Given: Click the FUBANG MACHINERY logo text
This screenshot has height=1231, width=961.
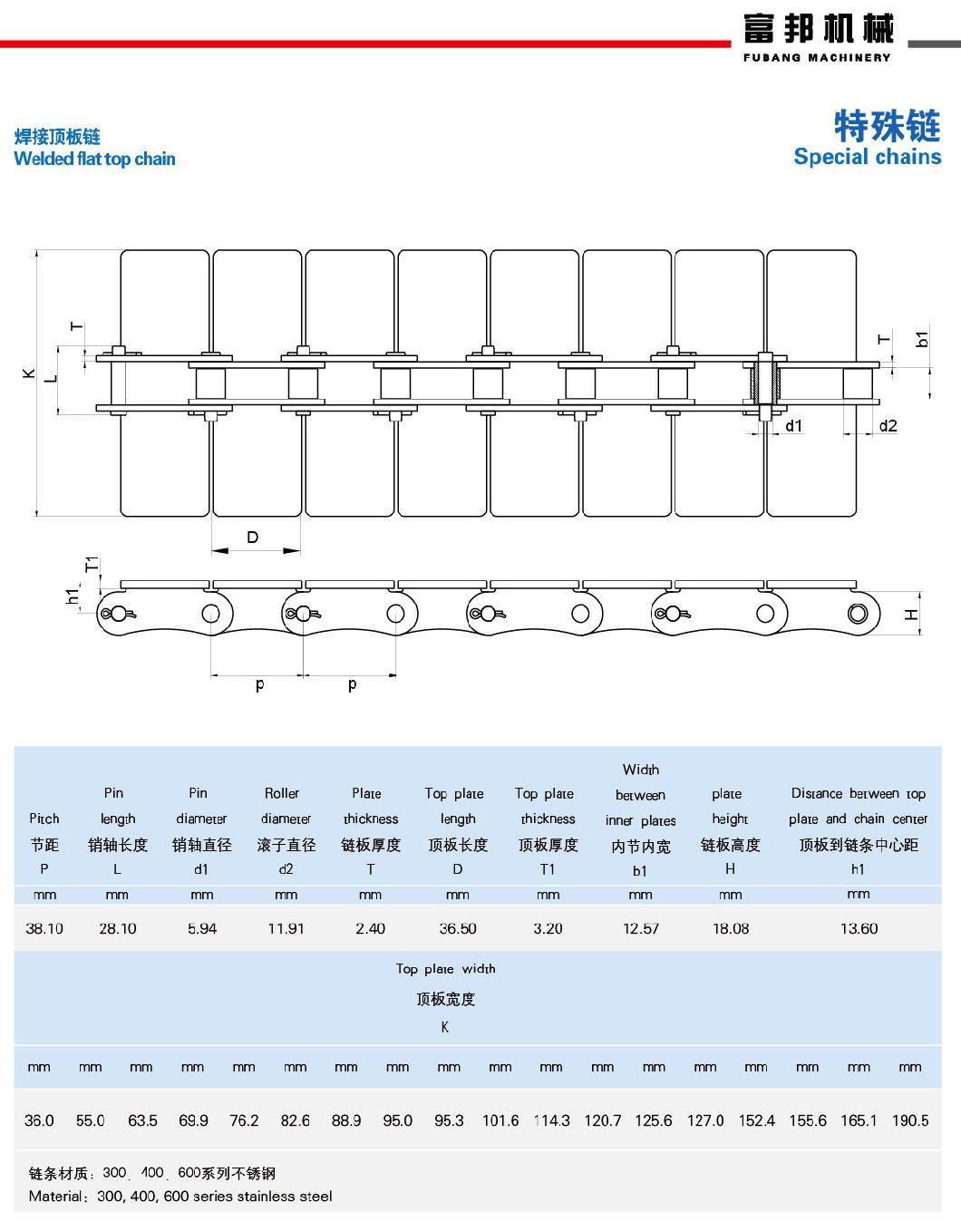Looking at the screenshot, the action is click(817, 57).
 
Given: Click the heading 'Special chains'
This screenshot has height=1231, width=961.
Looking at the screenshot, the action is click(867, 156).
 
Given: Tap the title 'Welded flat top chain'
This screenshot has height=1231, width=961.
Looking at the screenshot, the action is click(94, 159).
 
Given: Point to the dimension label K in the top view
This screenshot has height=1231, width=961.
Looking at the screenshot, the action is click(28, 373).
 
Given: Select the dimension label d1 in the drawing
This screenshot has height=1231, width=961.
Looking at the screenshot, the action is click(793, 426).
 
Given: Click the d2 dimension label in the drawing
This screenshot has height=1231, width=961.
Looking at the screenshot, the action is click(888, 426).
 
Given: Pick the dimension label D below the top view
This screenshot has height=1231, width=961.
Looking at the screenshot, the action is click(253, 537).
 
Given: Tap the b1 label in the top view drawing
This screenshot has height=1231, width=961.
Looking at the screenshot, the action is click(923, 338).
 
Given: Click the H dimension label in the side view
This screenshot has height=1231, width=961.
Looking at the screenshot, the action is click(911, 615).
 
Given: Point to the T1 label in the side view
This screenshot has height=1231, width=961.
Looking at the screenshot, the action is click(92, 565).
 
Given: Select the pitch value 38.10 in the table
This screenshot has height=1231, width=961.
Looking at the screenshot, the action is click(44, 928).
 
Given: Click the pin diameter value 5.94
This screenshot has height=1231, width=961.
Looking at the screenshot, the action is click(202, 928).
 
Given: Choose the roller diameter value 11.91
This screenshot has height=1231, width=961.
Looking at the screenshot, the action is click(286, 928).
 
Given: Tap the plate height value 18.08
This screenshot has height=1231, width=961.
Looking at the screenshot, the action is click(731, 928).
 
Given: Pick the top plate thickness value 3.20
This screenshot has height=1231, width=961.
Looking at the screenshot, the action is click(548, 928).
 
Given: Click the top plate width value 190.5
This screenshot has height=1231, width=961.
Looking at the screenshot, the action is click(910, 1120).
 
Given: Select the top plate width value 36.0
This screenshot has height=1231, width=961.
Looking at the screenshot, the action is click(39, 1120).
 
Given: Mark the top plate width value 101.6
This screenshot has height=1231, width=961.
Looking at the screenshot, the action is click(500, 1120).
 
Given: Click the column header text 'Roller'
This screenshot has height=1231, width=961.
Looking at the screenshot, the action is click(281, 793).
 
